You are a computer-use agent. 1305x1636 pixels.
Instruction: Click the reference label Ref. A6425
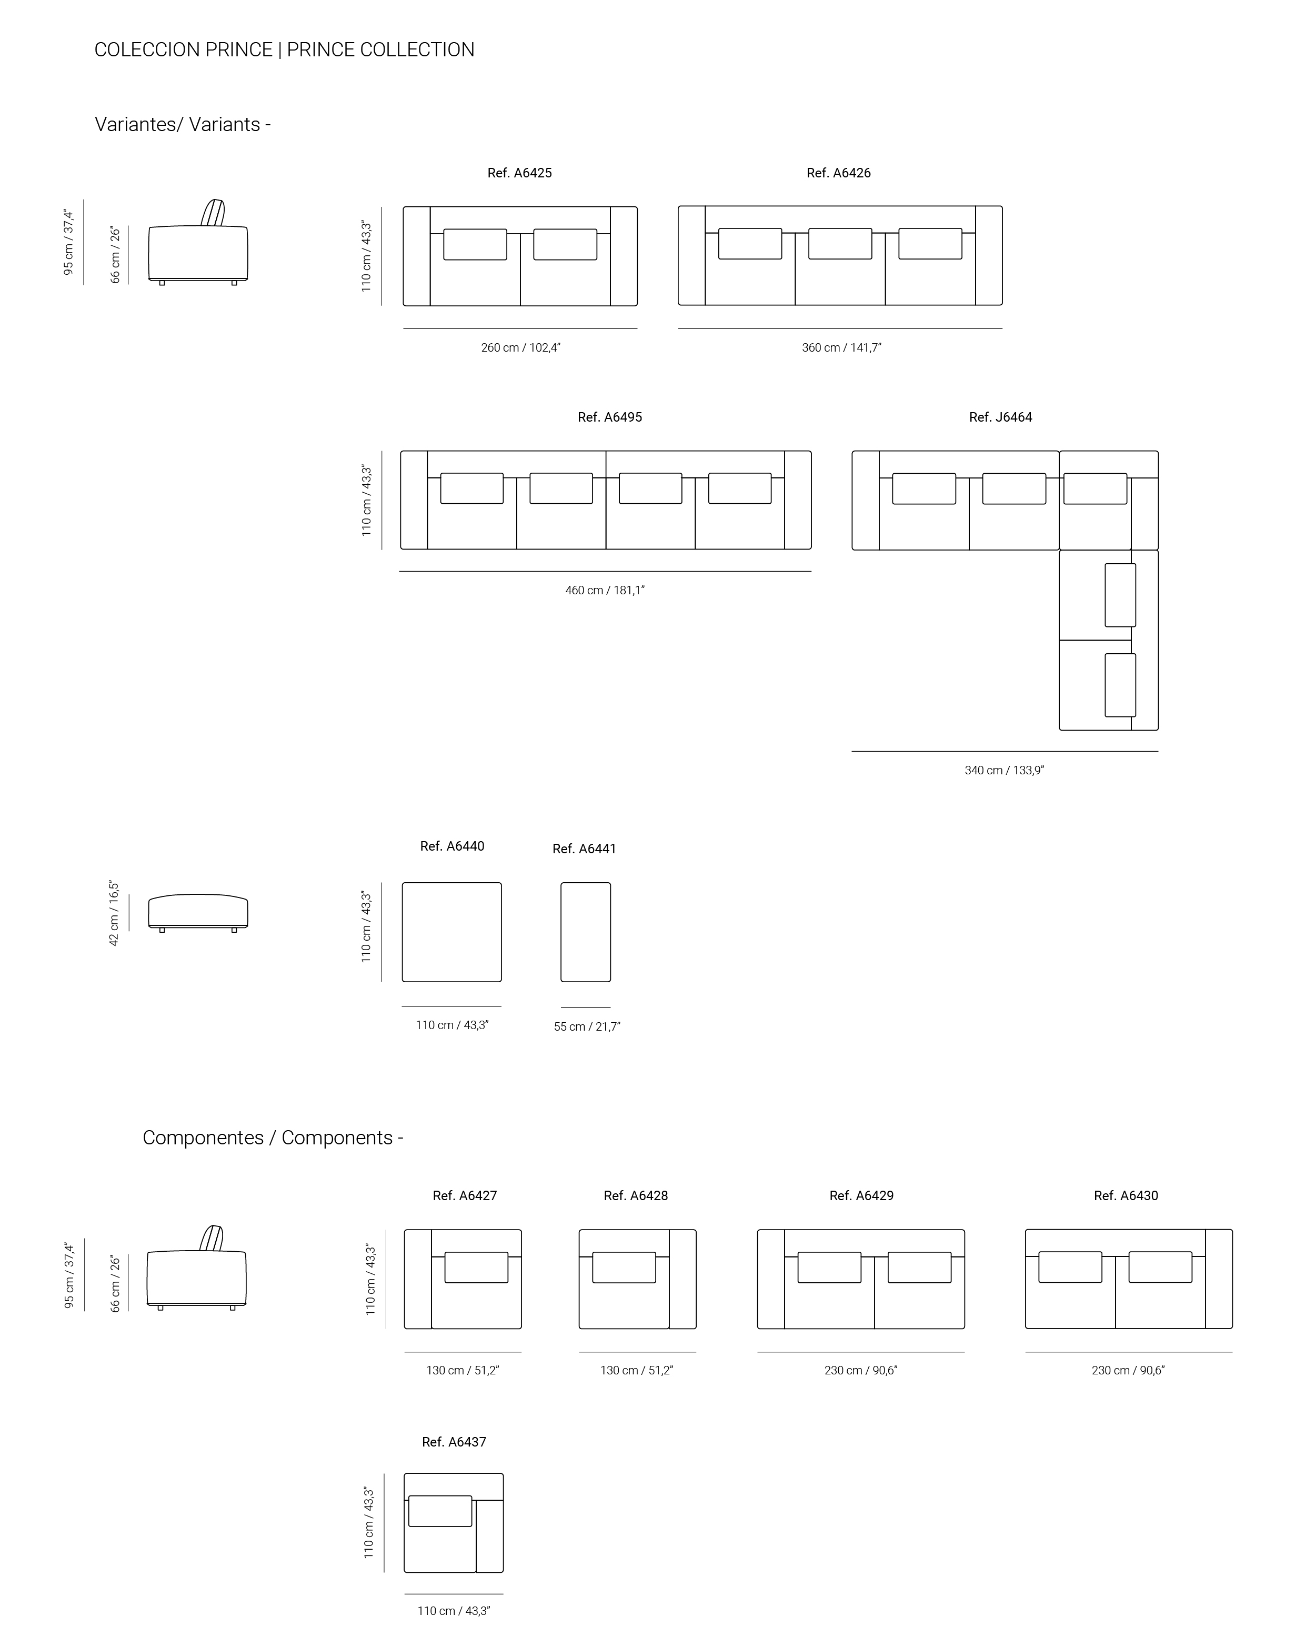point(520,173)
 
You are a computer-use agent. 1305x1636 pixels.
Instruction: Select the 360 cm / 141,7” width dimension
point(841,347)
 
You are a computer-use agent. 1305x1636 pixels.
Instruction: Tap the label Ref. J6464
point(1001,417)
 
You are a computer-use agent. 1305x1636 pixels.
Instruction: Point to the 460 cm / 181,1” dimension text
point(605,591)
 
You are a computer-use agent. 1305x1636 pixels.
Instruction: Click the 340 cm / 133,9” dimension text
point(1005,770)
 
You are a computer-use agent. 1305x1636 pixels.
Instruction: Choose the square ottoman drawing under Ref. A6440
point(451,932)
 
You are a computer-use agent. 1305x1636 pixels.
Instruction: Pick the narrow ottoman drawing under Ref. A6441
point(586,932)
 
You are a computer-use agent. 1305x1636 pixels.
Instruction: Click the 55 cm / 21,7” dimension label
point(587,1026)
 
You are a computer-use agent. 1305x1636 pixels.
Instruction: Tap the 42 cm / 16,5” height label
point(114,913)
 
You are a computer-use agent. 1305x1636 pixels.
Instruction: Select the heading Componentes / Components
point(273,1138)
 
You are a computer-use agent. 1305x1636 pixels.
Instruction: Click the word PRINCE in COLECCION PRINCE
point(239,49)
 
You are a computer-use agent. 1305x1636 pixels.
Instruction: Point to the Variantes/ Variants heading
point(183,124)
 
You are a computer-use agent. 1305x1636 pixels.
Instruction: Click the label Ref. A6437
point(454,1442)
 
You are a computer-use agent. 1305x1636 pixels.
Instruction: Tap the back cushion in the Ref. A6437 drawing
point(440,1511)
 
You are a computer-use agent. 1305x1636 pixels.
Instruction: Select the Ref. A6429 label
point(861,1196)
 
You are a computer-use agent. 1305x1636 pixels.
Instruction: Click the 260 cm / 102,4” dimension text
point(520,347)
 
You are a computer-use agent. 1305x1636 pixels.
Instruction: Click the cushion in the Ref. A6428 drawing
point(624,1267)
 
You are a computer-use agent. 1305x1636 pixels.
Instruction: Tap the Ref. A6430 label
point(1126,1196)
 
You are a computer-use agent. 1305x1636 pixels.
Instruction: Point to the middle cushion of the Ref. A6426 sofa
point(840,244)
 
